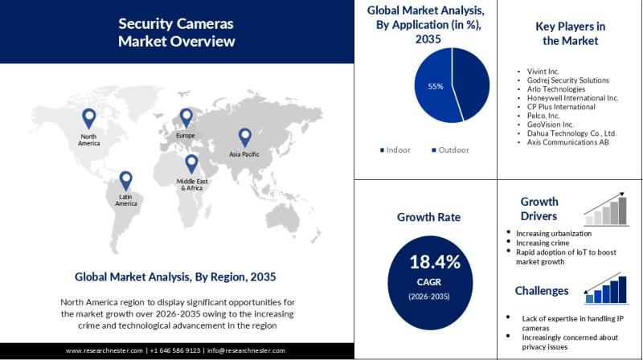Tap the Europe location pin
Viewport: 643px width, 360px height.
coord(186,118)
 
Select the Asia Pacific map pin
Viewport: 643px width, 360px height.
coord(244,137)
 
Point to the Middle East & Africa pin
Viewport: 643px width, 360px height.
coord(191,163)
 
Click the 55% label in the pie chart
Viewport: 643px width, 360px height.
coord(435,87)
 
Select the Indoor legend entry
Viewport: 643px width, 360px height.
coord(395,149)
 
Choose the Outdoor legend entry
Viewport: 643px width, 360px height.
coord(450,149)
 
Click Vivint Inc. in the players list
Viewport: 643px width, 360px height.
coord(542,72)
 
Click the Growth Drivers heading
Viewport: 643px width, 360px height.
coord(539,208)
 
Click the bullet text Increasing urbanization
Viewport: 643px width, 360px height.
coord(554,233)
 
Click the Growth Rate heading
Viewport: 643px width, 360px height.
coord(428,216)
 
